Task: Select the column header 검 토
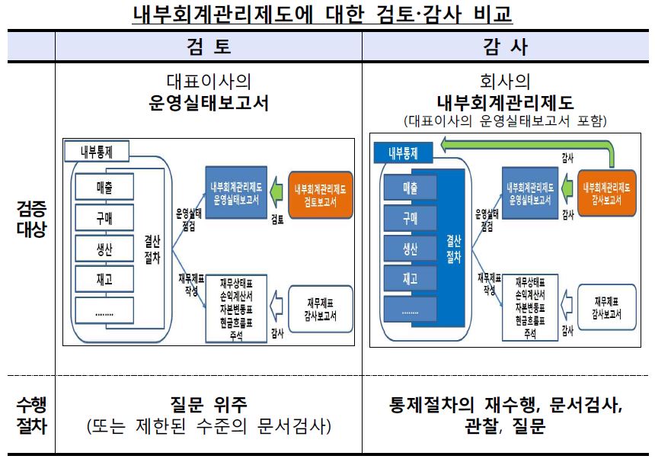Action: pos(209,47)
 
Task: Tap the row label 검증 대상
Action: pos(31,218)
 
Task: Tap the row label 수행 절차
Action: pos(31,416)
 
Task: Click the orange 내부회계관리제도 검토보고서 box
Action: pos(320,194)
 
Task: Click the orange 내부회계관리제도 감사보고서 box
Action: pos(607,194)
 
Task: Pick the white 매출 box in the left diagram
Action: pos(104,187)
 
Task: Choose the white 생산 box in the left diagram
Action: pos(104,249)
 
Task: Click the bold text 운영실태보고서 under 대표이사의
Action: pos(209,104)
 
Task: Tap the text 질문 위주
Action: pos(209,405)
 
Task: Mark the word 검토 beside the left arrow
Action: pos(277,221)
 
